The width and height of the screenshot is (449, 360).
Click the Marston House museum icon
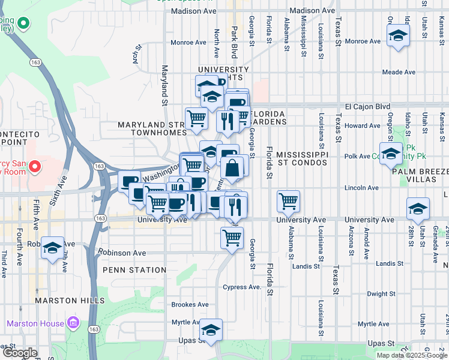click(x=73, y=323)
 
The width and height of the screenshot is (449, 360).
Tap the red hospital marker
click(x=35, y=166)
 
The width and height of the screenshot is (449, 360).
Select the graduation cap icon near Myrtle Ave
click(x=211, y=331)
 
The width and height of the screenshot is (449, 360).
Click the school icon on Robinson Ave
click(x=52, y=247)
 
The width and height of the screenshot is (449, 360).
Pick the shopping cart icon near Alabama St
click(x=289, y=202)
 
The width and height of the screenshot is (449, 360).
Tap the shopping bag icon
click(x=233, y=169)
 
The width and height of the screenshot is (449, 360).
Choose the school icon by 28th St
click(x=418, y=209)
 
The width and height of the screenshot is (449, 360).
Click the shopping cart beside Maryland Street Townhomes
click(x=196, y=119)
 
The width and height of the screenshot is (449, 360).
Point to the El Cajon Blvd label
click(x=367, y=107)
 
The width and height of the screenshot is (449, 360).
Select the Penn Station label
click(x=134, y=270)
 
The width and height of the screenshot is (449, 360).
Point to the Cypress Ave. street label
click(x=242, y=287)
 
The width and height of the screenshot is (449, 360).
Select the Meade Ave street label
click(x=399, y=72)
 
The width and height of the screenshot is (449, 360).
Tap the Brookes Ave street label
click(x=190, y=305)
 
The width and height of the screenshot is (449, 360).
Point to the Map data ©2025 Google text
click(x=411, y=355)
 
